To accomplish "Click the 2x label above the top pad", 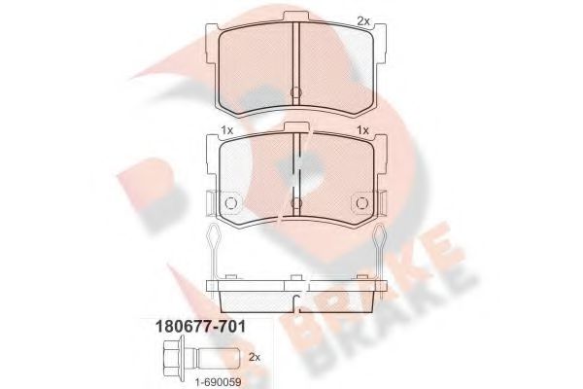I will tap(363, 20).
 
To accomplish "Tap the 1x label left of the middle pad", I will tap(226, 131).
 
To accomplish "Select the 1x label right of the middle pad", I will tap(363, 131).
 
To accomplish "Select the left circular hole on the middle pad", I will tap(231, 203).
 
